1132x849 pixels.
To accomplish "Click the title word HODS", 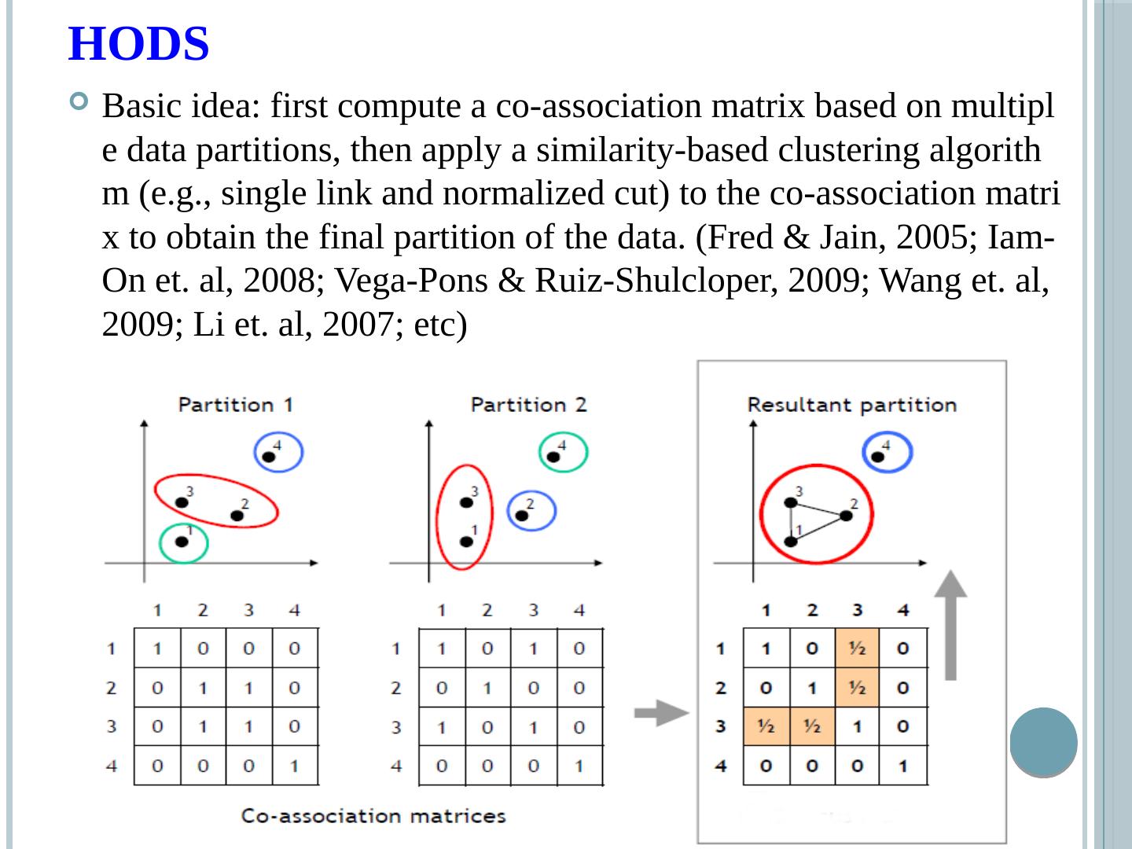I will click(x=139, y=44).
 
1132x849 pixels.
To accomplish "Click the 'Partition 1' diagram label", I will click(x=236, y=405).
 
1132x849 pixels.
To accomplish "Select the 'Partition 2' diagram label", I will click(x=528, y=405).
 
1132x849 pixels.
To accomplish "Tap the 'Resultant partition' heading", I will click(x=851, y=405).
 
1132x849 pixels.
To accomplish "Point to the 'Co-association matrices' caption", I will click(x=373, y=816).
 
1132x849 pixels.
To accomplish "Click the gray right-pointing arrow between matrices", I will click(x=661, y=714).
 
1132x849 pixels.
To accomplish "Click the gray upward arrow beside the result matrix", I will click(x=950, y=625).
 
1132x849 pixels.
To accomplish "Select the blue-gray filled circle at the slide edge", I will click(x=1043, y=742).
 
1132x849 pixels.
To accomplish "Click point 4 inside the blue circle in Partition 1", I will click(x=269, y=456).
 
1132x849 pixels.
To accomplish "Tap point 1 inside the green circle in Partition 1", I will click(x=182, y=541).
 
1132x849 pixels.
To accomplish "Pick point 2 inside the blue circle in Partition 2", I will click(x=521, y=516).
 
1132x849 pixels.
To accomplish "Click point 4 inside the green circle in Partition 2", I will click(x=553, y=456).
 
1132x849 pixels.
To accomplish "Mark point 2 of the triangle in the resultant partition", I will click(x=846, y=516).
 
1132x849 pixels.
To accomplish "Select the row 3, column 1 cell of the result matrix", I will click(x=766, y=726).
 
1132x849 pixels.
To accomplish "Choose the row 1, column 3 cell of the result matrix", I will click(x=858, y=649).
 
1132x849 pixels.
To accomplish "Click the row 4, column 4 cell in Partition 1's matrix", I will click(x=295, y=765).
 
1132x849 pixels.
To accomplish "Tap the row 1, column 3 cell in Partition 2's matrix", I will click(x=534, y=649).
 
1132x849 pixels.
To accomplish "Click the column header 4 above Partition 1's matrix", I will click(x=294, y=610).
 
